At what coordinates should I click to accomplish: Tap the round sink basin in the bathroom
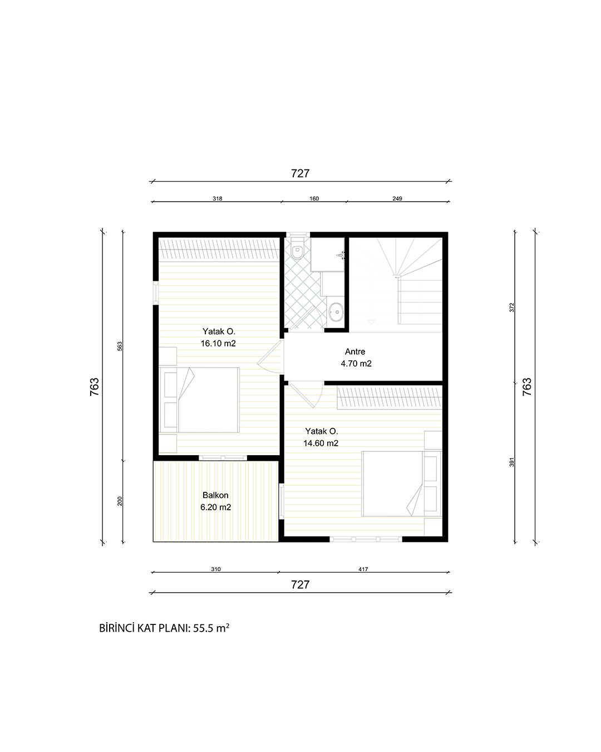pos(336,312)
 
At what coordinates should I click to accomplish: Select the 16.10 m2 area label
pos(218,343)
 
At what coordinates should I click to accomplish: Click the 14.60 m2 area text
pos(321,443)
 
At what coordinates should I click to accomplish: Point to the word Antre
pos(355,351)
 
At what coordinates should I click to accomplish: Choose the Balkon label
pos(215,495)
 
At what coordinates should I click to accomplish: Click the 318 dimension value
pos(217,198)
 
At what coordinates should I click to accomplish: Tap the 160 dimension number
pos(314,198)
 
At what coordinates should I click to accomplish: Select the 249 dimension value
pos(397,198)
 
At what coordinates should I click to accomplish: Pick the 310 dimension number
pos(216,569)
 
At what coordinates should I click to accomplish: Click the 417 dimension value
pos(363,569)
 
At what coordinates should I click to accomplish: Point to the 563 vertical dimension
pos(120,346)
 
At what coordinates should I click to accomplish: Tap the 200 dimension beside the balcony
pos(120,501)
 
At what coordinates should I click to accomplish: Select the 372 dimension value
pos(511,307)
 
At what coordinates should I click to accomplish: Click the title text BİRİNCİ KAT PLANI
pos(144,628)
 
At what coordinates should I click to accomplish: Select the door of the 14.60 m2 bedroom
pos(305,394)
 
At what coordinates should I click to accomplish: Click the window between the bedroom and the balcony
pos(223,458)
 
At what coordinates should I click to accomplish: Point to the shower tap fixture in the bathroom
pos(341,255)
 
